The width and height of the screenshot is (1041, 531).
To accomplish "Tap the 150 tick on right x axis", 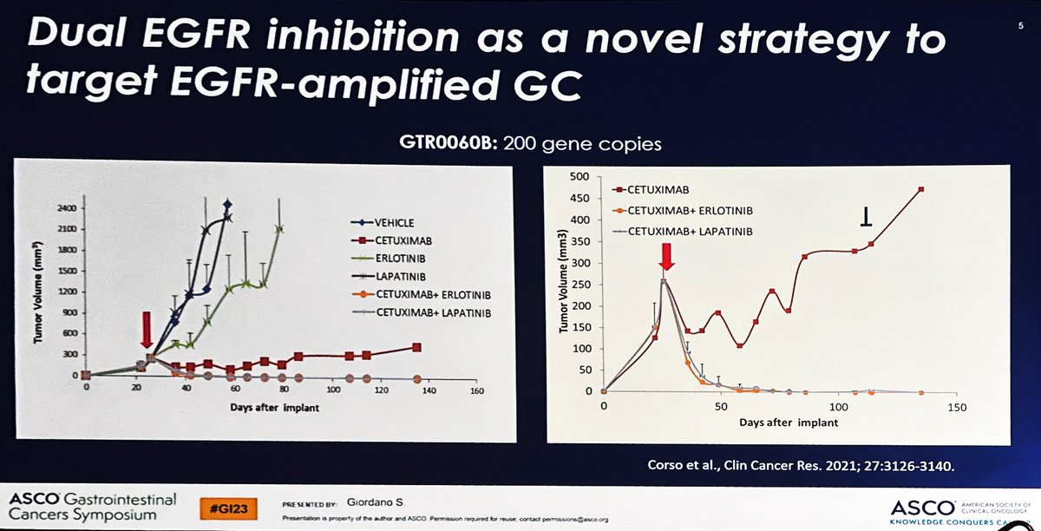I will tap(956, 406).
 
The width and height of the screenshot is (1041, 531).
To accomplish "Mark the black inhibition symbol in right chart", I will tap(866, 220).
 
